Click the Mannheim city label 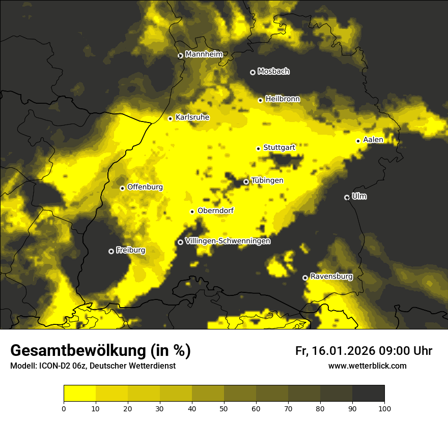tap(204, 54)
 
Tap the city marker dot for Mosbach tap(253, 72)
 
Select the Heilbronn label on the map tap(283, 99)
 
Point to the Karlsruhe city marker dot tap(171, 118)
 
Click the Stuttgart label tap(279, 147)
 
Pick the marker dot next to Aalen tap(358, 141)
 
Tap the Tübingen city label tap(267, 180)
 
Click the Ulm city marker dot tap(347, 197)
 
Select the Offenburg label tap(145, 187)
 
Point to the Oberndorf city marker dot tap(192, 212)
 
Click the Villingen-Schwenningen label tap(228, 241)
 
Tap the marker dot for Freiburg tap(111, 251)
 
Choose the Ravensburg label tap(331, 277)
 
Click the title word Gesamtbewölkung tap(78, 351)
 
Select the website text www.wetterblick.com tap(367, 366)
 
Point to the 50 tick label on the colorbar tap(224, 408)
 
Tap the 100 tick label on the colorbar tap(384, 408)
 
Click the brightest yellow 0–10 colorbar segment tap(80, 394)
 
